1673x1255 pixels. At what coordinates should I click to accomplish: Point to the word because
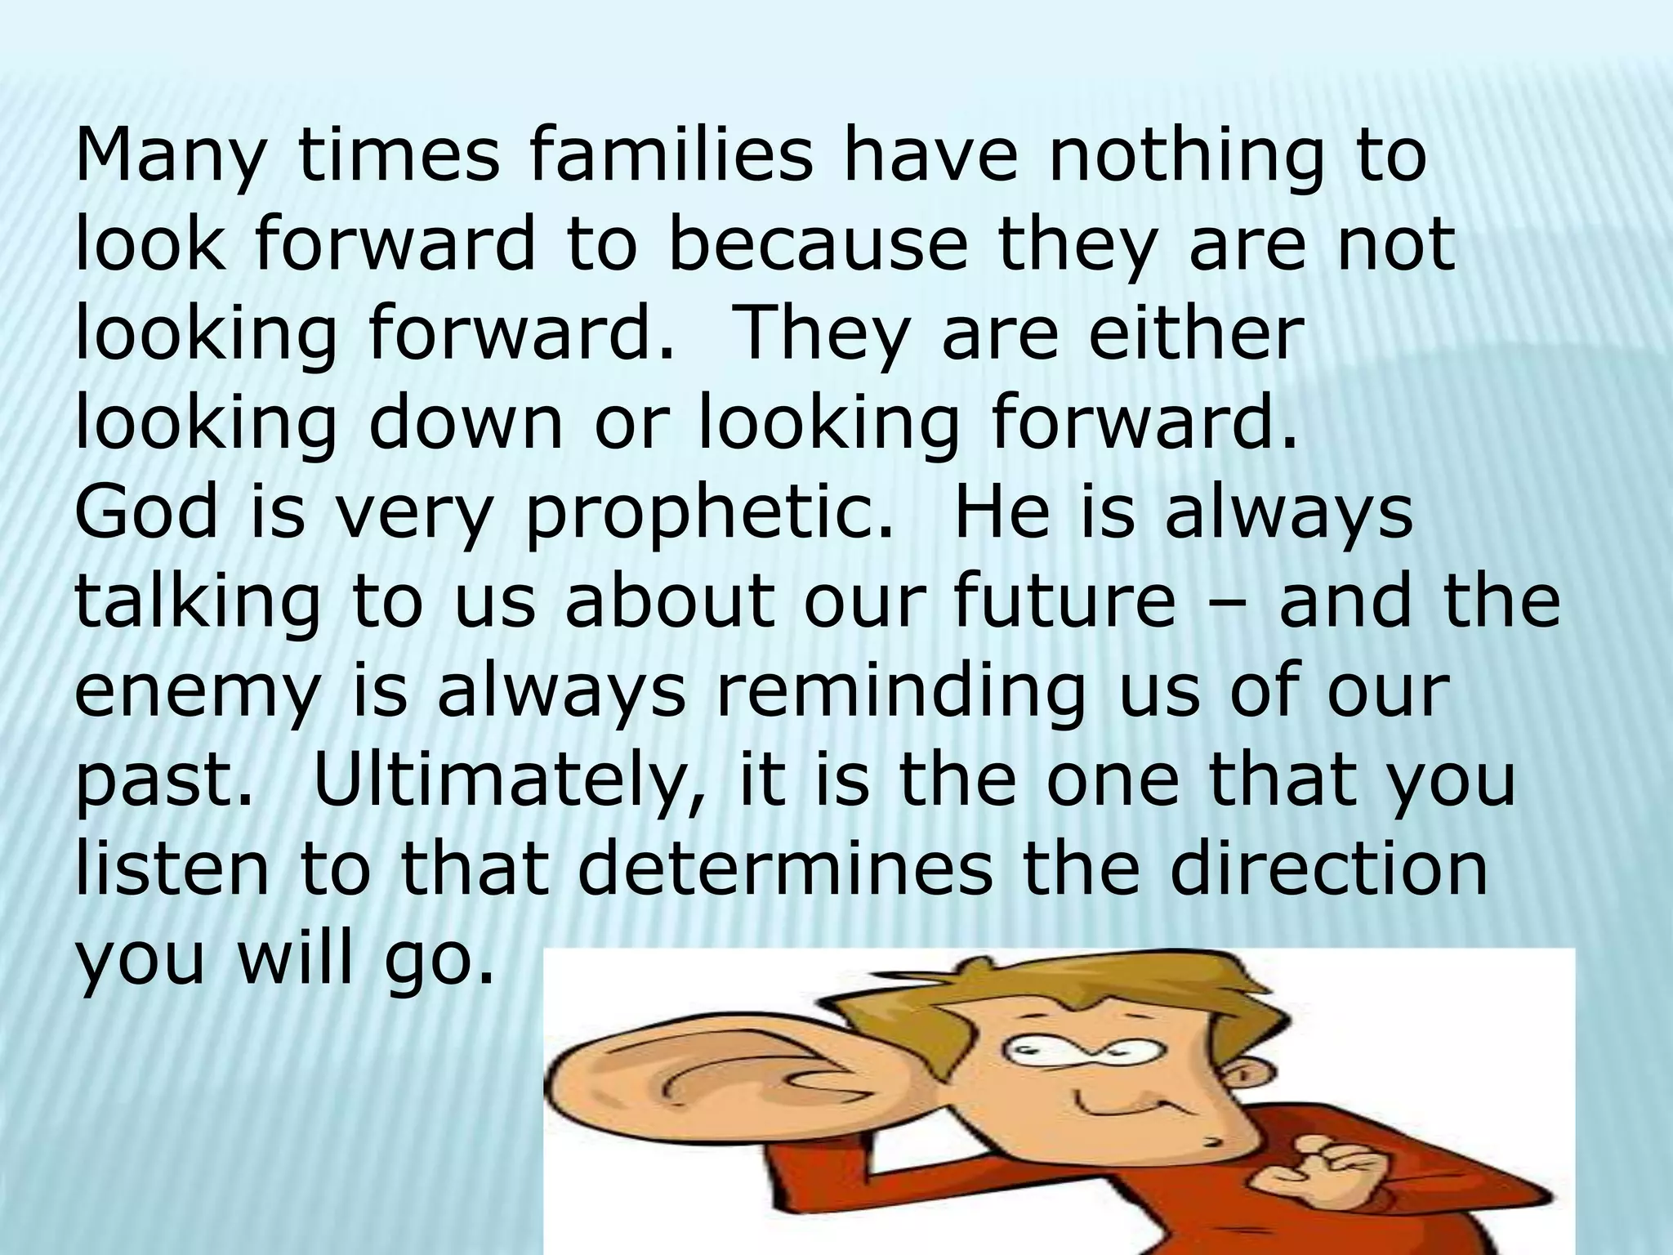817,246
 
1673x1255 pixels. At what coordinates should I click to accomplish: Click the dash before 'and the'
1225,604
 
